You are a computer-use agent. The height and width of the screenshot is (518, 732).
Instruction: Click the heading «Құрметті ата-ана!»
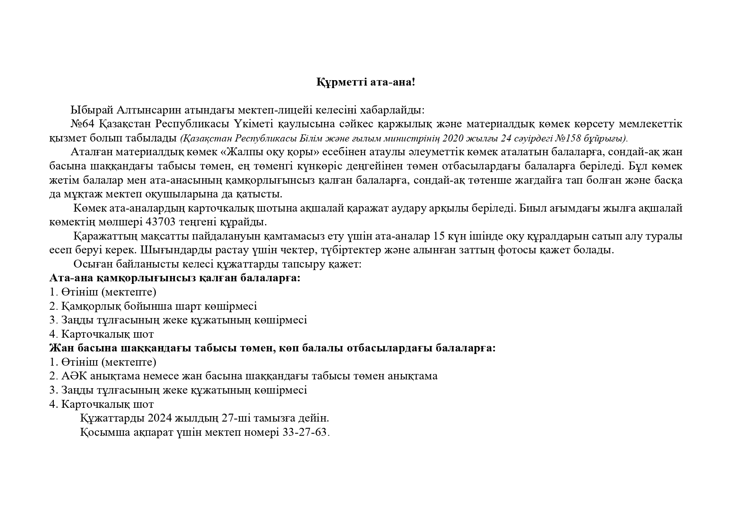[x=366, y=82]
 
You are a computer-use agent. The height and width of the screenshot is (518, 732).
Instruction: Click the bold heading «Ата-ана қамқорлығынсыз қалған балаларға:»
[x=175, y=278]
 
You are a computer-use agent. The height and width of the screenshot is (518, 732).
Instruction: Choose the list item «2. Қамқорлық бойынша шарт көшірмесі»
[x=153, y=306]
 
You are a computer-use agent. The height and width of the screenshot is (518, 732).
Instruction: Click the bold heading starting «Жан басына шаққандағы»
[x=273, y=348]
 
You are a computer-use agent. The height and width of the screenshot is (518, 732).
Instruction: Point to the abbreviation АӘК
[x=73, y=376]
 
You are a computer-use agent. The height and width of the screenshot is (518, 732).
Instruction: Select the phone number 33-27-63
[x=305, y=432]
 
